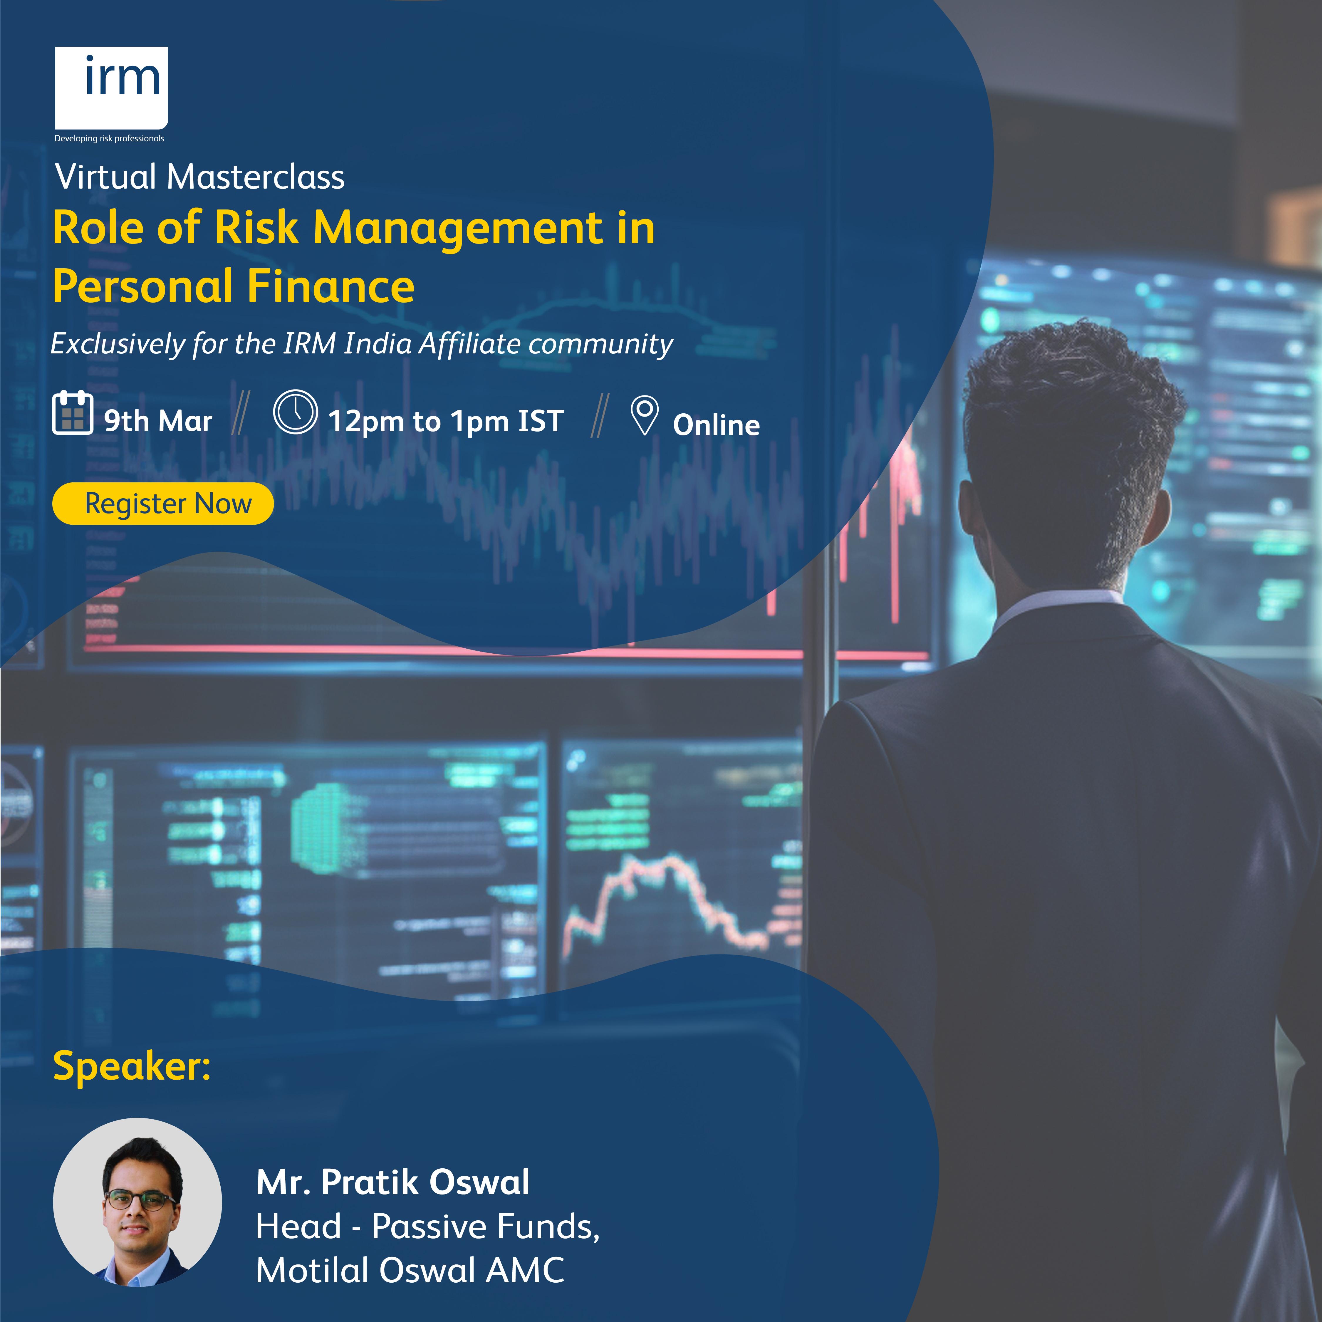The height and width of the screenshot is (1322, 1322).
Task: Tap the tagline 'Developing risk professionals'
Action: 110,138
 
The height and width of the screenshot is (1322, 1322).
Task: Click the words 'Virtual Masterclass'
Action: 200,177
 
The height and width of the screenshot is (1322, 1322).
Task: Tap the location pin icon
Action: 644,415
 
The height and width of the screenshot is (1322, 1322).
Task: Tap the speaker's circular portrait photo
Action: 137,1202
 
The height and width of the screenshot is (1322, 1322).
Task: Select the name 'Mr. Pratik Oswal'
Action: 393,1182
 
